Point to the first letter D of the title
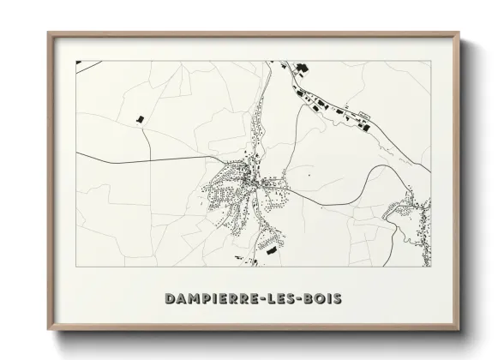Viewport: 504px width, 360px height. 168,298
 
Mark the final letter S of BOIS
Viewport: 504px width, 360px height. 339,298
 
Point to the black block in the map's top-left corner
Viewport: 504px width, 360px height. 78,63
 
